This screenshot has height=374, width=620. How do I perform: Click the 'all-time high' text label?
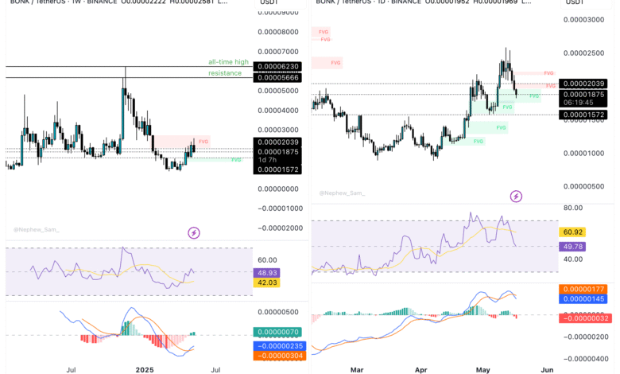click(228, 61)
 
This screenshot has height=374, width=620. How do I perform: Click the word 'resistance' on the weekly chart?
click(225, 72)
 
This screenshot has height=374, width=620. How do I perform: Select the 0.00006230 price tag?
click(277, 67)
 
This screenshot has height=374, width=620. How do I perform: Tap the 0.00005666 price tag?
click(277, 77)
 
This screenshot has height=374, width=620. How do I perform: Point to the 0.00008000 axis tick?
click(278, 32)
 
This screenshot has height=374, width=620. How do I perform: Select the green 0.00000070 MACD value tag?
click(276, 331)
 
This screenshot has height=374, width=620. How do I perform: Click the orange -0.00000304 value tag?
click(277, 356)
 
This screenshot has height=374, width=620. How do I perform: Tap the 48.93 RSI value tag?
click(265, 272)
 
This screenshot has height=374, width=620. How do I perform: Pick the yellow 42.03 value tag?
click(265, 282)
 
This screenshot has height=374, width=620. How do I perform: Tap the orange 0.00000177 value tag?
click(583, 289)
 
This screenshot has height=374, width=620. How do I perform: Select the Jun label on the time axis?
click(546, 370)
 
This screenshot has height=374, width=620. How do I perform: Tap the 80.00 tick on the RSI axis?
click(572, 208)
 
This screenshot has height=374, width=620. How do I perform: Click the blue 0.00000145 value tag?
click(583, 298)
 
